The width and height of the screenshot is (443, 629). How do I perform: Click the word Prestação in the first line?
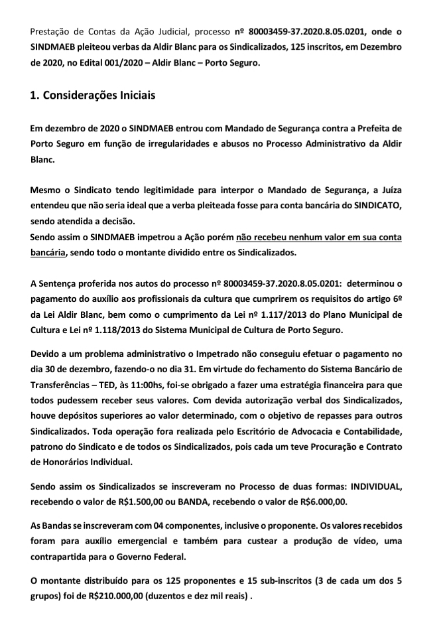tap(52, 31)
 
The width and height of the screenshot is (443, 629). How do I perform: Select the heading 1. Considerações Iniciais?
tap(93, 96)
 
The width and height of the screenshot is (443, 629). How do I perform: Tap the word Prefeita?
tap(381, 127)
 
